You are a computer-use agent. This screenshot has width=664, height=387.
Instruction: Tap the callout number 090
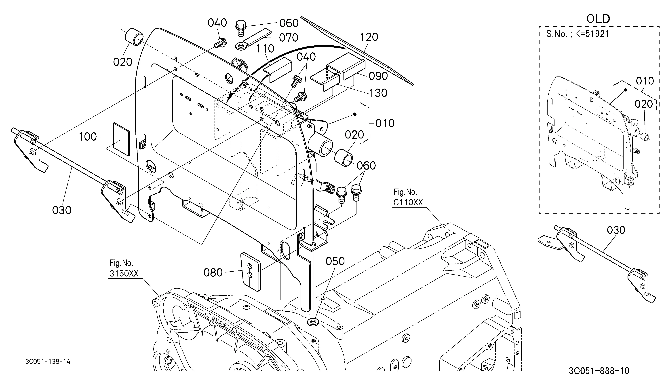coord(378,76)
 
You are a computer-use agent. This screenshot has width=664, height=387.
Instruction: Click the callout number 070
coord(289,38)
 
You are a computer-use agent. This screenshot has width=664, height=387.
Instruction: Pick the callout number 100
coord(88,137)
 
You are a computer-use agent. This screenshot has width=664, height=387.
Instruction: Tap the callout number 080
coord(213,273)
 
